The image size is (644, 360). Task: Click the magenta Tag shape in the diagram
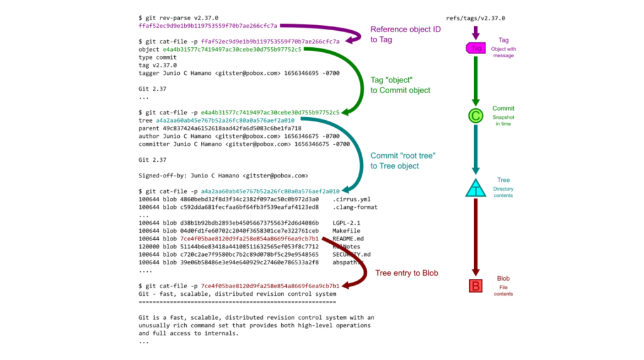click(x=476, y=48)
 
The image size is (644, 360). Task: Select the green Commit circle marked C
click(x=476, y=116)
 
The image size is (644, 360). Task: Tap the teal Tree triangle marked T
click(x=476, y=188)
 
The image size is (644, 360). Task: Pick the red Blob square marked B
click(x=476, y=287)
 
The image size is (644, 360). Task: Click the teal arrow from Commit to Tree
click(x=476, y=151)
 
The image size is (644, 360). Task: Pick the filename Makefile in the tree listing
click(x=346, y=231)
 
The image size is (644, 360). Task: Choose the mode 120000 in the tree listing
click(x=149, y=247)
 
